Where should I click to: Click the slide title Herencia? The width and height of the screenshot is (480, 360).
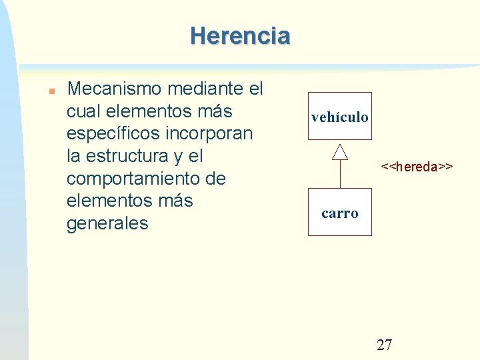(x=240, y=35)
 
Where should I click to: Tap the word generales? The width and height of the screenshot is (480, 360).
(x=107, y=223)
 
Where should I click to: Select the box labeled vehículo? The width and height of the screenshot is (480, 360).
(x=339, y=116)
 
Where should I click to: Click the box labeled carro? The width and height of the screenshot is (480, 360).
(x=339, y=212)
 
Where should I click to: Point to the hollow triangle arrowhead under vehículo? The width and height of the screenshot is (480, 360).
(x=340, y=152)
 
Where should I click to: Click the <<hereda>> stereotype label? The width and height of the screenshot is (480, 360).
(x=417, y=166)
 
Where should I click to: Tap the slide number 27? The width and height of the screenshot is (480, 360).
(x=385, y=345)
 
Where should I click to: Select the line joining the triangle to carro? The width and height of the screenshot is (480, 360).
(x=340, y=175)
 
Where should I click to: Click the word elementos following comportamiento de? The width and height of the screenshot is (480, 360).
(x=105, y=201)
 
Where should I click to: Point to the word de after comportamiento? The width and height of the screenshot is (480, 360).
(x=217, y=179)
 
